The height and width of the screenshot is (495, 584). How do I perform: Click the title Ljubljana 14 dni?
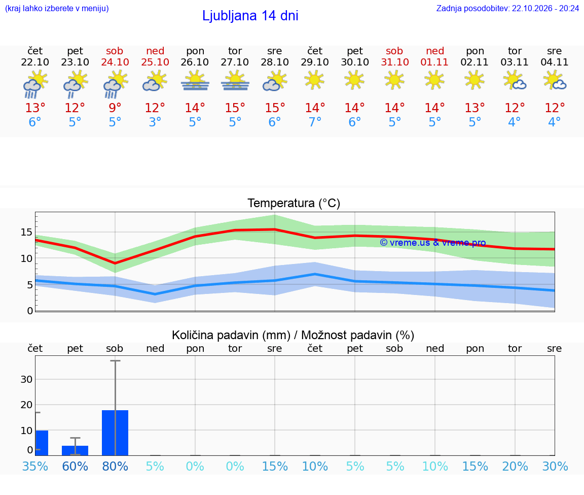coord(250,16)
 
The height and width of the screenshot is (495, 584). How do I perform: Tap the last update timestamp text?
coord(507,8)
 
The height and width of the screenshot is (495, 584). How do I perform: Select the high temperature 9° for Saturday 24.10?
coord(115,108)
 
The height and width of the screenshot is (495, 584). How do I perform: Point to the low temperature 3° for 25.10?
coord(155,122)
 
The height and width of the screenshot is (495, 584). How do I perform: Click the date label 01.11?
coord(434,62)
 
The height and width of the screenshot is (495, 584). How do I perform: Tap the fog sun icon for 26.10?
coord(195,81)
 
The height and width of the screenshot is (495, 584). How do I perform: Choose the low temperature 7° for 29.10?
coord(315,122)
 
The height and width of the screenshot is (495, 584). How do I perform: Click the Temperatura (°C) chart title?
coord(294,203)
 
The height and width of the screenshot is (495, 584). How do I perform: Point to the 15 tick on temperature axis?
coord(26,232)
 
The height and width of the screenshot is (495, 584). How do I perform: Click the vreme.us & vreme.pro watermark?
coord(433,243)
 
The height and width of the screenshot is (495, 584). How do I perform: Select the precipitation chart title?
coord(293,335)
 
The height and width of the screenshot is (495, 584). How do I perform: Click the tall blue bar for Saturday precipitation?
coord(115,433)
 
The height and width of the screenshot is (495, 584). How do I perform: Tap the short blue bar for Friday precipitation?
coord(75,450)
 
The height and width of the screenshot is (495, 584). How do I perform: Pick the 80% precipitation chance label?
coord(115,466)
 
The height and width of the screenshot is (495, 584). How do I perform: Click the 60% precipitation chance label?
coord(75,466)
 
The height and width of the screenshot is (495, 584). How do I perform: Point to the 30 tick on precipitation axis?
coord(26,379)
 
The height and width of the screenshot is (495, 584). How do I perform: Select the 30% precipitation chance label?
coord(555,466)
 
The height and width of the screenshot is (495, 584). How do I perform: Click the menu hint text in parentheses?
coord(57,8)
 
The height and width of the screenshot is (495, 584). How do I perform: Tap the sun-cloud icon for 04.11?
coord(555,81)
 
